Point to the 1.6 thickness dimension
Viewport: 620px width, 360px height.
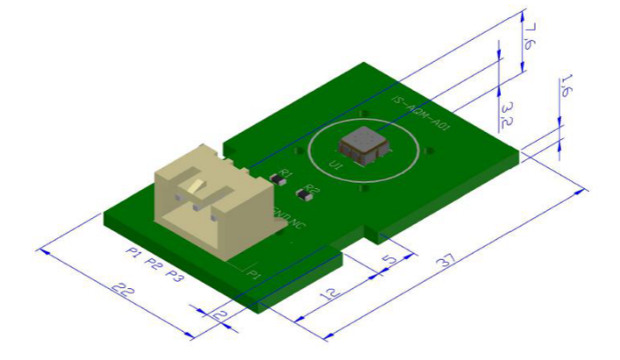(565, 86)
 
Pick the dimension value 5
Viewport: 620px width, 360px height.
(389, 261)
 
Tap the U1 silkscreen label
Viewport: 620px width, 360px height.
(335, 165)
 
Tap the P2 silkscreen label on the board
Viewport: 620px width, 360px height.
(155, 263)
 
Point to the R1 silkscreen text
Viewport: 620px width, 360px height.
(286, 173)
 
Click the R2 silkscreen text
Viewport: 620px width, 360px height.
(313, 189)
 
